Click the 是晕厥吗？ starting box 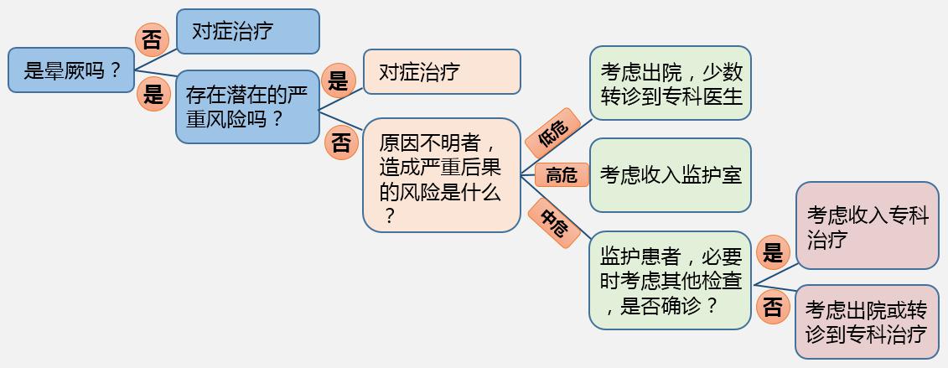pyautogui.click(x=71, y=70)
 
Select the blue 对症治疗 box pyautogui.click(x=248, y=31)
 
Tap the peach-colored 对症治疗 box pyautogui.click(x=442, y=72)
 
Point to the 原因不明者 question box pyautogui.click(x=442, y=175)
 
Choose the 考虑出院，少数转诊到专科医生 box pyautogui.click(x=670, y=83)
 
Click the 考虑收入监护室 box pyautogui.click(x=670, y=175)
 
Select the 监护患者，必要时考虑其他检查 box pyautogui.click(x=670, y=280)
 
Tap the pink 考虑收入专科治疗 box pyautogui.click(x=867, y=225)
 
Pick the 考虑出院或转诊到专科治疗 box pyautogui.click(x=867, y=322)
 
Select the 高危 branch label pyautogui.click(x=562, y=175)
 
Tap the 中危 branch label pyautogui.click(x=554, y=224)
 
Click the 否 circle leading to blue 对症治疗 pyautogui.click(x=151, y=41)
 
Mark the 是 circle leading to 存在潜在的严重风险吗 pyautogui.click(x=153, y=94)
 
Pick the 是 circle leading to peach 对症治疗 pyautogui.click(x=338, y=80)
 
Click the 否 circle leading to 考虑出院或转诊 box pyautogui.click(x=773, y=307)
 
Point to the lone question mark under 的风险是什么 pyautogui.click(x=389, y=215)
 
